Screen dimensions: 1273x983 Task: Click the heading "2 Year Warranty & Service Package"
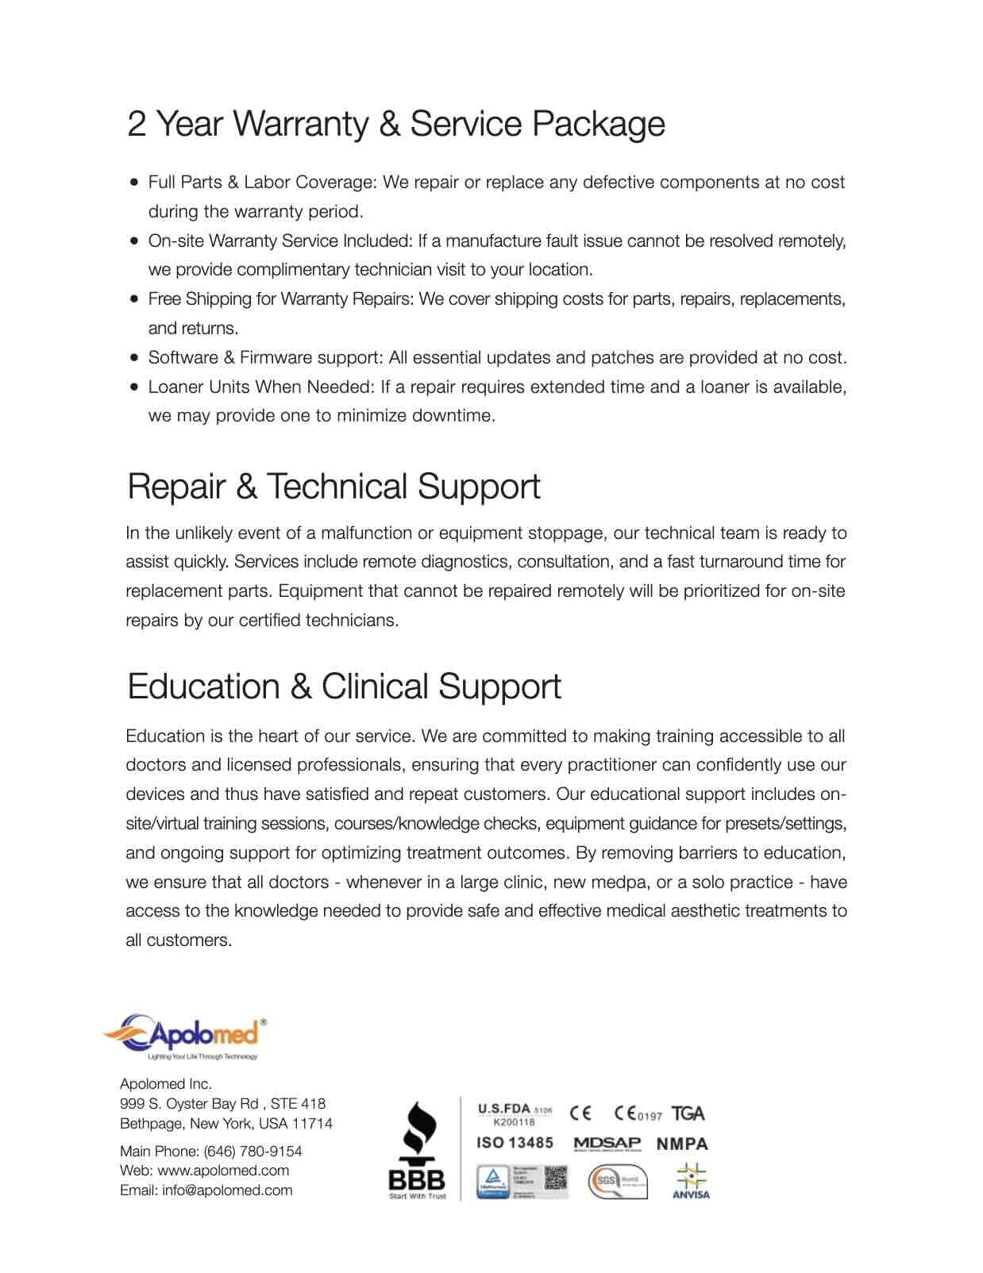[x=396, y=124]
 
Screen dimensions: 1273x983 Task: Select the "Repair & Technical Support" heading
[x=333, y=487]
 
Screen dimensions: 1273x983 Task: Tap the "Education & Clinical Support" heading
[x=344, y=686]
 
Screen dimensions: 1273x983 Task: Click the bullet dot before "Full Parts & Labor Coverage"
[x=134, y=183]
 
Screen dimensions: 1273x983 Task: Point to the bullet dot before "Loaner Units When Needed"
[x=134, y=387]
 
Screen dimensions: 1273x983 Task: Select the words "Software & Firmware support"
[x=265, y=358]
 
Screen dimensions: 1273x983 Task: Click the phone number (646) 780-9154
[x=252, y=1151]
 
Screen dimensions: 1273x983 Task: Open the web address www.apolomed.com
[x=223, y=1171]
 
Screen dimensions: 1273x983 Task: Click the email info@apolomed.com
[x=227, y=1190]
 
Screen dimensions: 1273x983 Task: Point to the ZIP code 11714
[x=312, y=1124]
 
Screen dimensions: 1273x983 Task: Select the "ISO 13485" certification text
[x=515, y=1143]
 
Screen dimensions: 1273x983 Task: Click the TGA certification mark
[x=688, y=1114]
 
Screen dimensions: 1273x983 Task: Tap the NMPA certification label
[x=682, y=1144]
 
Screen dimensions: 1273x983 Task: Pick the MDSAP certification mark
[x=607, y=1144]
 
